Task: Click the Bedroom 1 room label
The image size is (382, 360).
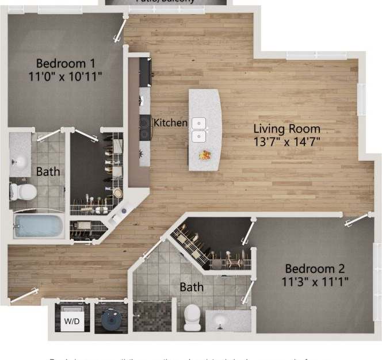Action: click(x=66, y=63)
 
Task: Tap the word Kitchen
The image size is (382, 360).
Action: click(x=171, y=122)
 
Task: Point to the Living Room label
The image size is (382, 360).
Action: click(x=287, y=129)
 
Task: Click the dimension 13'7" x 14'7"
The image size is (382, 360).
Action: click(x=287, y=141)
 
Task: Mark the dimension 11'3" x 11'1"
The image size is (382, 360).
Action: click(x=315, y=281)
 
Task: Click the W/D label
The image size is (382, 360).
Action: click(x=71, y=320)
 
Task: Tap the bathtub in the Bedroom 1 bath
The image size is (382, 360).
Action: click(x=39, y=226)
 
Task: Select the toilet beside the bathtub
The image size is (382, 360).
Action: click(x=22, y=192)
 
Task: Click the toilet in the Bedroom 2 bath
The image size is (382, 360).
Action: click(x=192, y=317)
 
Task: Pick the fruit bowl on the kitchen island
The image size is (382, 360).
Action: click(x=204, y=155)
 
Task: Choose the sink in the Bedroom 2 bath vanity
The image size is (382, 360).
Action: click(x=221, y=322)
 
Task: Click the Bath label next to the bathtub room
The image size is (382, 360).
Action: click(x=47, y=171)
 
